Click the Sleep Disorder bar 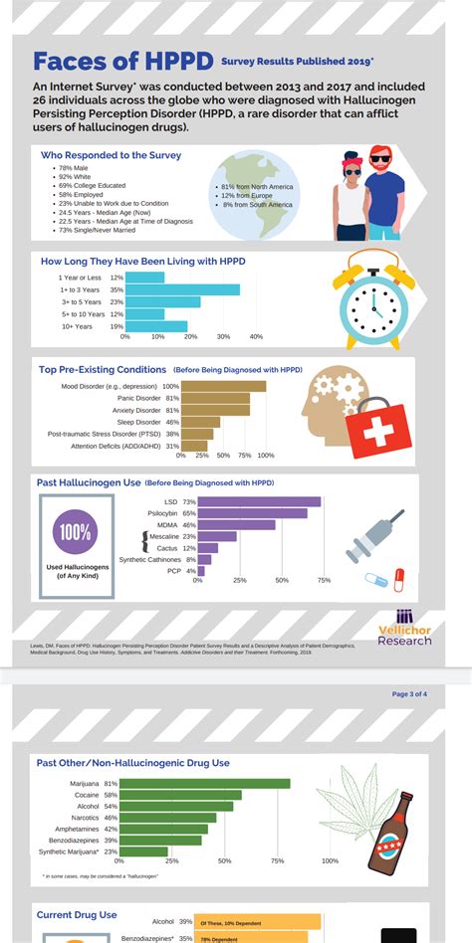[200, 422]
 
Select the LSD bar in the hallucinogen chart [259, 501]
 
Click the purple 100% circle [74, 533]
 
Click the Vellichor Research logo [405, 627]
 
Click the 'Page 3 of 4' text [409, 693]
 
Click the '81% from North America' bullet [256, 187]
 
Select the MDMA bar [236, 524]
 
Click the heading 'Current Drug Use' [77, 914]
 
